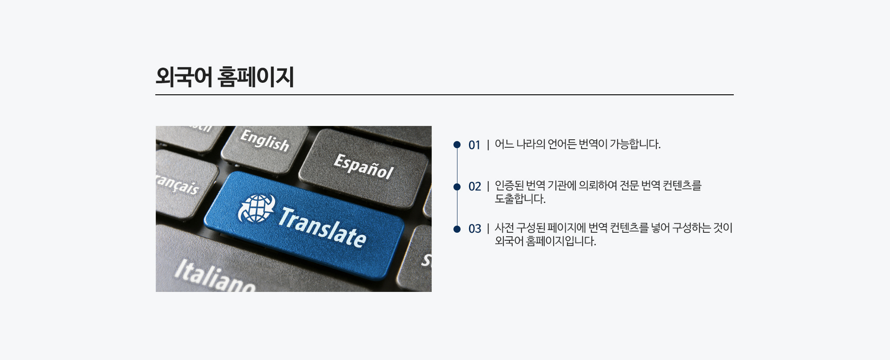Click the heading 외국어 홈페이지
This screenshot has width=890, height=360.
(x=225, y=77)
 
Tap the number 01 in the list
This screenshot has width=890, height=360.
(x=474, y=145)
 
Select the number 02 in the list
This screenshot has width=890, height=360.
(x=475, y=186)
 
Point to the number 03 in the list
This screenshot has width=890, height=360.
(x=475, y=229)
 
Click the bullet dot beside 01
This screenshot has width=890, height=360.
(x=457, y=145)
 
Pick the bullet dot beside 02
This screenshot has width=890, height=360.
(x=457, y=186)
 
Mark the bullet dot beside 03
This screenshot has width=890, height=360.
(x=457, y=229)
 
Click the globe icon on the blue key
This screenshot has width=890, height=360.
(x=256, y=208)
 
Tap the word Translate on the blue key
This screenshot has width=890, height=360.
(x=322, y=227)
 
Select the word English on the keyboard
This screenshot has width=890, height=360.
(x=265, y=140)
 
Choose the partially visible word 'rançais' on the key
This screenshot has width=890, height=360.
(x=177, y=184)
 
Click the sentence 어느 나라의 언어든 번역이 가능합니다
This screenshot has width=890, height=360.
(x=578, y=144)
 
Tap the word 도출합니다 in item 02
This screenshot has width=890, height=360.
(x=520, y=199)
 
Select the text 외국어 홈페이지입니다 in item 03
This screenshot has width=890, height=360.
(x=546, y=241)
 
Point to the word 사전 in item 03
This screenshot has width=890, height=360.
(x=504, y=228)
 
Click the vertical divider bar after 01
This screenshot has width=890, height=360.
(x=488, y=145)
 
